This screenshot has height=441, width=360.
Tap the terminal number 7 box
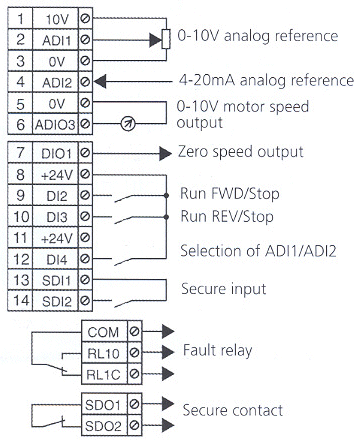(18, 152)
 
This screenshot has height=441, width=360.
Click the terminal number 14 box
(18, 300)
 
